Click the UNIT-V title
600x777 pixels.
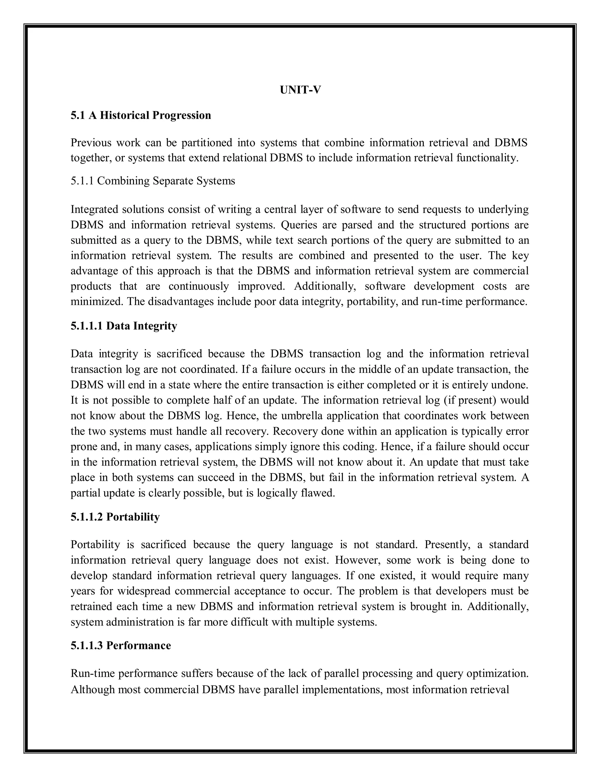pyautogui.click(x=300, y=90)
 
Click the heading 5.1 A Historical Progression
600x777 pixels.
pyautogui.click(x=141, y=115)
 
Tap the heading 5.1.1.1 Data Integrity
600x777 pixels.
pyautogui.click(x=124, y=325)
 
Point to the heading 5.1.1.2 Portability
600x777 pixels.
pyautogui.click(x=115, y=517)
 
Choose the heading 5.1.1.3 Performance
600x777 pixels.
pyautogui.click(x=121, y=645)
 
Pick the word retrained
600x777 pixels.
pyautogui.click(x=91, y=606)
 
